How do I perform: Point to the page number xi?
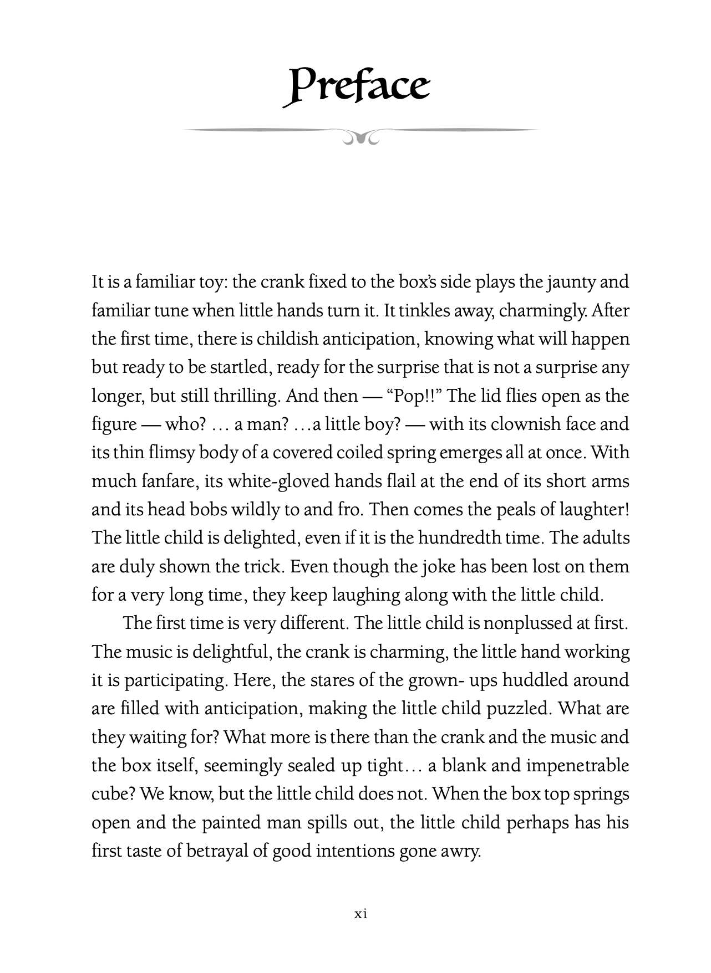[x=361, y=914]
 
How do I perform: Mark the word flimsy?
[x=172, y=453]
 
